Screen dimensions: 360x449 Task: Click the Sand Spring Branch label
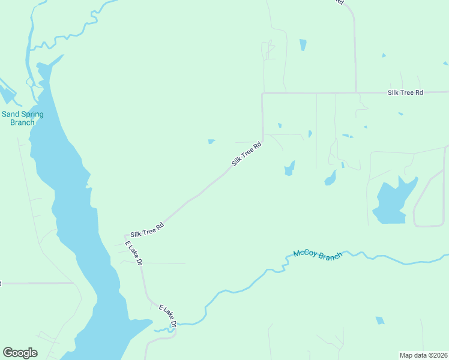click(18, 118)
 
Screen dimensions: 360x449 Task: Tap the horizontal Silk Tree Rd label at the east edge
click(405, 92)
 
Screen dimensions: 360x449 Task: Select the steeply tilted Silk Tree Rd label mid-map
click(247, 154)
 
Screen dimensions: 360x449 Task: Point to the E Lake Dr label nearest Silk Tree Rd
click(133, 253)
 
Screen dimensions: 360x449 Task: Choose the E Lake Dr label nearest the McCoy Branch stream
click(168, 316)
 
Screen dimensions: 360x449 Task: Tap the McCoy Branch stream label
click(318, 254)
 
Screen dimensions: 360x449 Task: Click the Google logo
click(20, 353)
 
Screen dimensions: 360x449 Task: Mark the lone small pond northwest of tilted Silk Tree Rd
click(211, 142)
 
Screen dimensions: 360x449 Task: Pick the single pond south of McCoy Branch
click(379, 321)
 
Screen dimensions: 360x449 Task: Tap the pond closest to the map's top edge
click(303, 44)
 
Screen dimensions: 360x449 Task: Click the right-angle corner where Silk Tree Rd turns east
click(262, 94)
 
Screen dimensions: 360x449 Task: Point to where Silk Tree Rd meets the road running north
click(356, 93)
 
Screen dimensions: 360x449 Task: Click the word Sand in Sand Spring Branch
click(11, 114)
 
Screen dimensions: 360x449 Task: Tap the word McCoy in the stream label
click(304, 253)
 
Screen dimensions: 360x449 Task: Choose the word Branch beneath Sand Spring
click(22, 122)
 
